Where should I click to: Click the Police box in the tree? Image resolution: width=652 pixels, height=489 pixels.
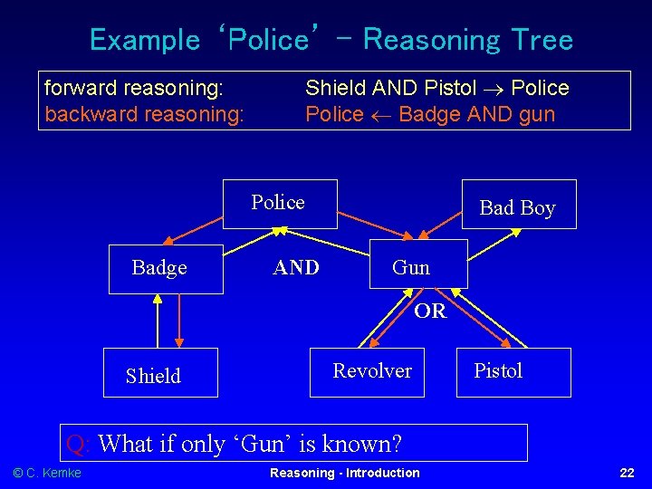[280, 203]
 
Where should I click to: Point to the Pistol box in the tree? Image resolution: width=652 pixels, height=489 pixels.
[513, 371]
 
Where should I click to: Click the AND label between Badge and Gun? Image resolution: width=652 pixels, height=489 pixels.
[296, 267]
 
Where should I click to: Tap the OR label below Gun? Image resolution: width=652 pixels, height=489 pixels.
[430, 312]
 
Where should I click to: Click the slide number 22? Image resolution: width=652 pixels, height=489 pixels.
[626, 473]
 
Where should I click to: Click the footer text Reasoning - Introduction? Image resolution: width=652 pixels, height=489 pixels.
[345, 473]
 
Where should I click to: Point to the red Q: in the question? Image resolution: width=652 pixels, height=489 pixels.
[79, 444]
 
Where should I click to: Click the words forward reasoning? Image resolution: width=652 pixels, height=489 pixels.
[135, 88]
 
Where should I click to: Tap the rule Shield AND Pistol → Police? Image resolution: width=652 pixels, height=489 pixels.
[437, 88]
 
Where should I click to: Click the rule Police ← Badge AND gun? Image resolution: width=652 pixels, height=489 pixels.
[430, 114]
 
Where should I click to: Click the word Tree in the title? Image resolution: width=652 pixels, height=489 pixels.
[542, 40]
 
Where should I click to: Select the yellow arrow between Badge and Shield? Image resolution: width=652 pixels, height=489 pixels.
[158, 321]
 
